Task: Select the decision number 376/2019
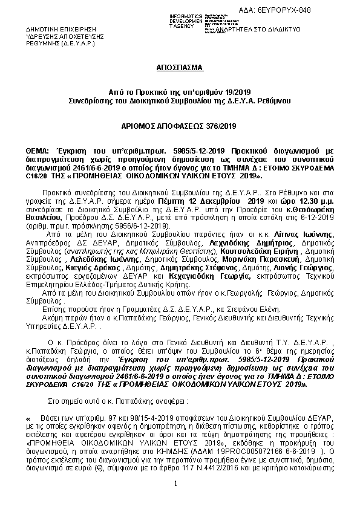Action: pos(205,126)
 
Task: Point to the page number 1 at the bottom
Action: pos(175,500)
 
